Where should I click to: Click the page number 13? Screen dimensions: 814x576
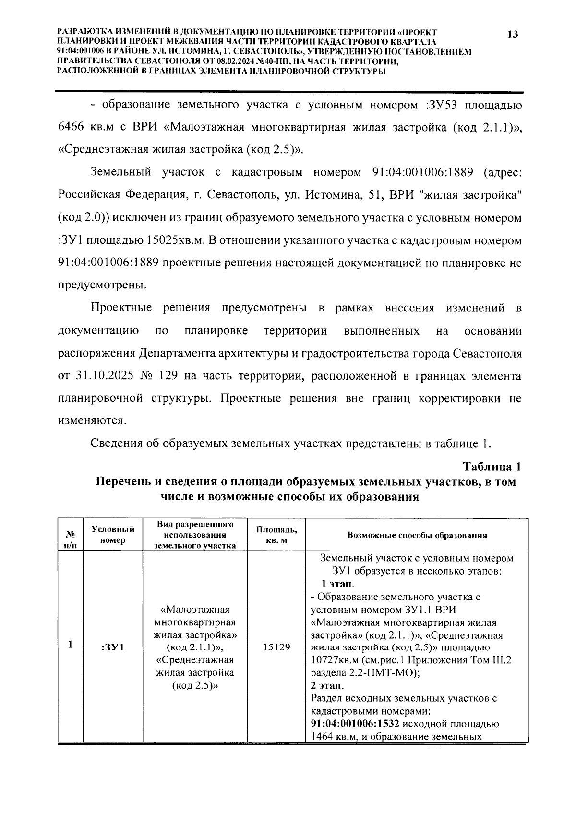[x=512, y=35]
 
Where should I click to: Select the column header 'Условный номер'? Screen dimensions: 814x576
[x=113, y=534]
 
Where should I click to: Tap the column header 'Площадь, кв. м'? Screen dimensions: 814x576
[x=276, y=535]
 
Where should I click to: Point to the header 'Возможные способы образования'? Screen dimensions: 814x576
[x=417, y=535]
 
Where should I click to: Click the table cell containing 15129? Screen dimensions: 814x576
[x=276, y=647]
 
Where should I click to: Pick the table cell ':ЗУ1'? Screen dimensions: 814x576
[x=113, y=647]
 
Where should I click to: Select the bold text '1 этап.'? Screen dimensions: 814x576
[x=338, y=584]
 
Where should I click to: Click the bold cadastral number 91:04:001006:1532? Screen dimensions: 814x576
[x=348, y=724]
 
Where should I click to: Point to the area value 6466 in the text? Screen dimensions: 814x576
[x=72, y=128]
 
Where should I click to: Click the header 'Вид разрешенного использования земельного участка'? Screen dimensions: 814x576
[x=195, y=534]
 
